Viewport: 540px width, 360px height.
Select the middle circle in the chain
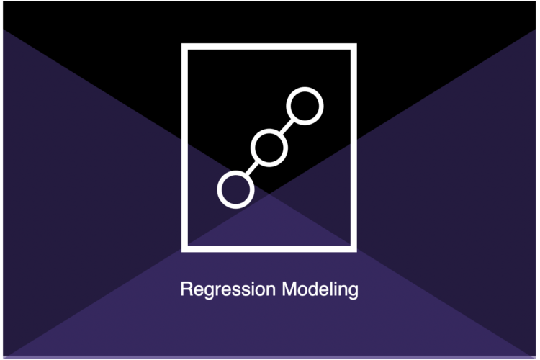(269, 131)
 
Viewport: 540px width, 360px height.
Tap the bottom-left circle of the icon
(235, 173)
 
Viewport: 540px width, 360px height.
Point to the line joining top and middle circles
(287, 127)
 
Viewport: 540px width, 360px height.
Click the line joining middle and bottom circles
(252, 168)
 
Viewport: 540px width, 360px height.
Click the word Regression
(228, 289)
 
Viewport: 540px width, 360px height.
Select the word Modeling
(320, 289)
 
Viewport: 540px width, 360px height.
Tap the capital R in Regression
(186, 289)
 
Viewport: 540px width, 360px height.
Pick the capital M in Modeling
(289, 289)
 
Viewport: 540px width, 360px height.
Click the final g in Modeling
(353, 292)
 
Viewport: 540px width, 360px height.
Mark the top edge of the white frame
(269, 47)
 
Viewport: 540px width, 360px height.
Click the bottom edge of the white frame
(269, 249)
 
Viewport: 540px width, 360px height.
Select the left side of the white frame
(184, 148)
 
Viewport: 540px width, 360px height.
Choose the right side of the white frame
(354, 148)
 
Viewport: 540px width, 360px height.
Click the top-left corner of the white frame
(182, 44)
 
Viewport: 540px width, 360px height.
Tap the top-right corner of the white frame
(356, 44)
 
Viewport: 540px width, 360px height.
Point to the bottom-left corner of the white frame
(182, 252)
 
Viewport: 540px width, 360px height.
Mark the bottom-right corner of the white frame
(356, 252)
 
